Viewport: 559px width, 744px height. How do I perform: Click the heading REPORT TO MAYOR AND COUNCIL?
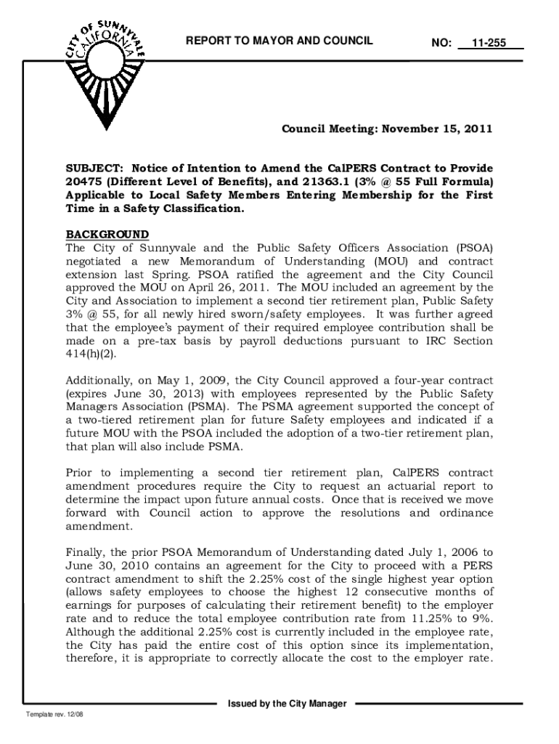click(x=279, y=41)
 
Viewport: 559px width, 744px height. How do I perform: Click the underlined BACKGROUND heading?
click(x=107, y=235)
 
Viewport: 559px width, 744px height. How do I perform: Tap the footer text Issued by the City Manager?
click(x=287, y=704)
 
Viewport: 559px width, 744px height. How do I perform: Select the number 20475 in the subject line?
click(x=83, y=182)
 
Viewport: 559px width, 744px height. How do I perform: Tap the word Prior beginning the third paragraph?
click(x=80, y=472)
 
